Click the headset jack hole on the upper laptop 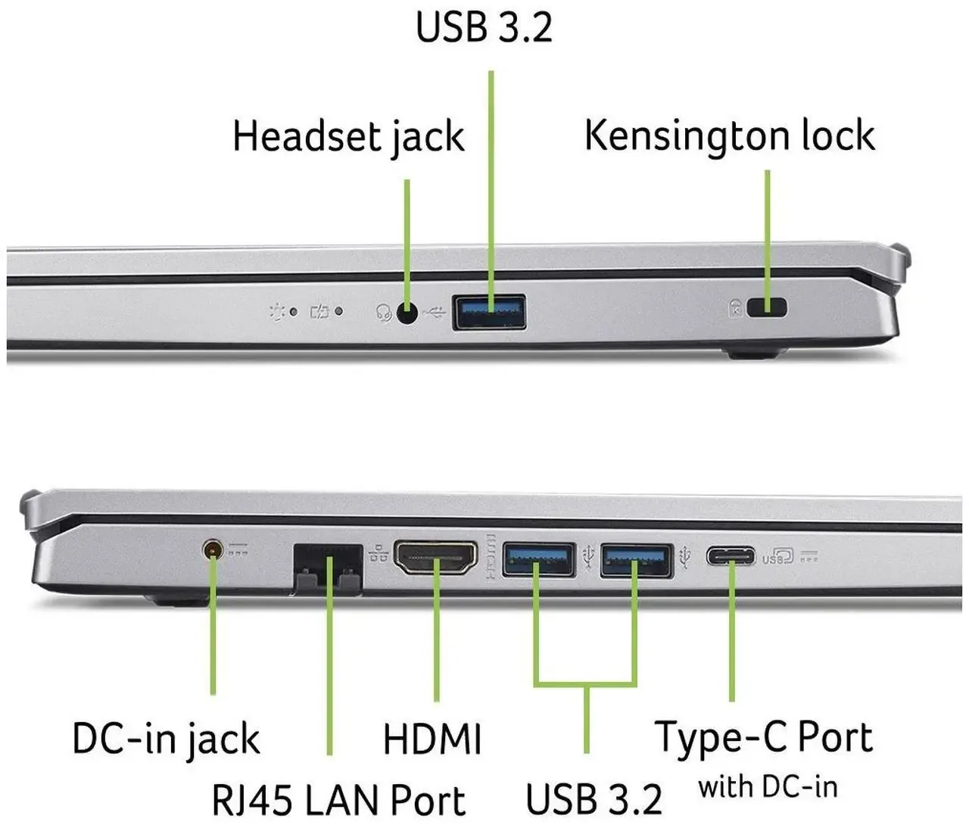(x=407, y=312)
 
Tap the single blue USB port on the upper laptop (x=489, y=312)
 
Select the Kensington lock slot (x=768, y=307)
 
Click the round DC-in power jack (x=213, y=549)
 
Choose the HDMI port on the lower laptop (x=435, y=558)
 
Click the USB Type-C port (x=731, y=557)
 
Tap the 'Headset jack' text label (x=348, y=137)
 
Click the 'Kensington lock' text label (x=730, y=136)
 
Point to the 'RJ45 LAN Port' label (x=338, y=800)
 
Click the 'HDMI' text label (x=432, y=739)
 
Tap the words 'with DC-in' (x=768, y=787)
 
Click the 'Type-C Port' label (x=764, y=739)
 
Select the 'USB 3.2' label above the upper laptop (x=484, y=27)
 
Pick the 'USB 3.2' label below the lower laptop (x=594, y=799)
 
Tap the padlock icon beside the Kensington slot (x=735, y=308)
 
